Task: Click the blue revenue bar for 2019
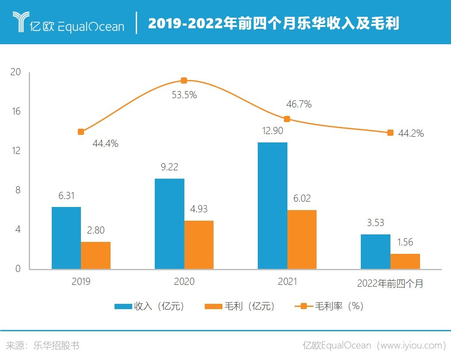point(66,238)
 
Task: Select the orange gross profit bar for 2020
point(199,245)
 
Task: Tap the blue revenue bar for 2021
point(272,206)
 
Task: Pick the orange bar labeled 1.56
point(405,261)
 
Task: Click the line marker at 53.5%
point(184,80)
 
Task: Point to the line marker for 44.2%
point(390,133)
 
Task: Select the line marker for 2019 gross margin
point(81,132)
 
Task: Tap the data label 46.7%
point(298,104)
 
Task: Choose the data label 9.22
point(169,167)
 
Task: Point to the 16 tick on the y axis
point(16,111)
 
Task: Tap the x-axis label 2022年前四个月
point(390,283)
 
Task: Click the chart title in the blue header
point(273,23)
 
